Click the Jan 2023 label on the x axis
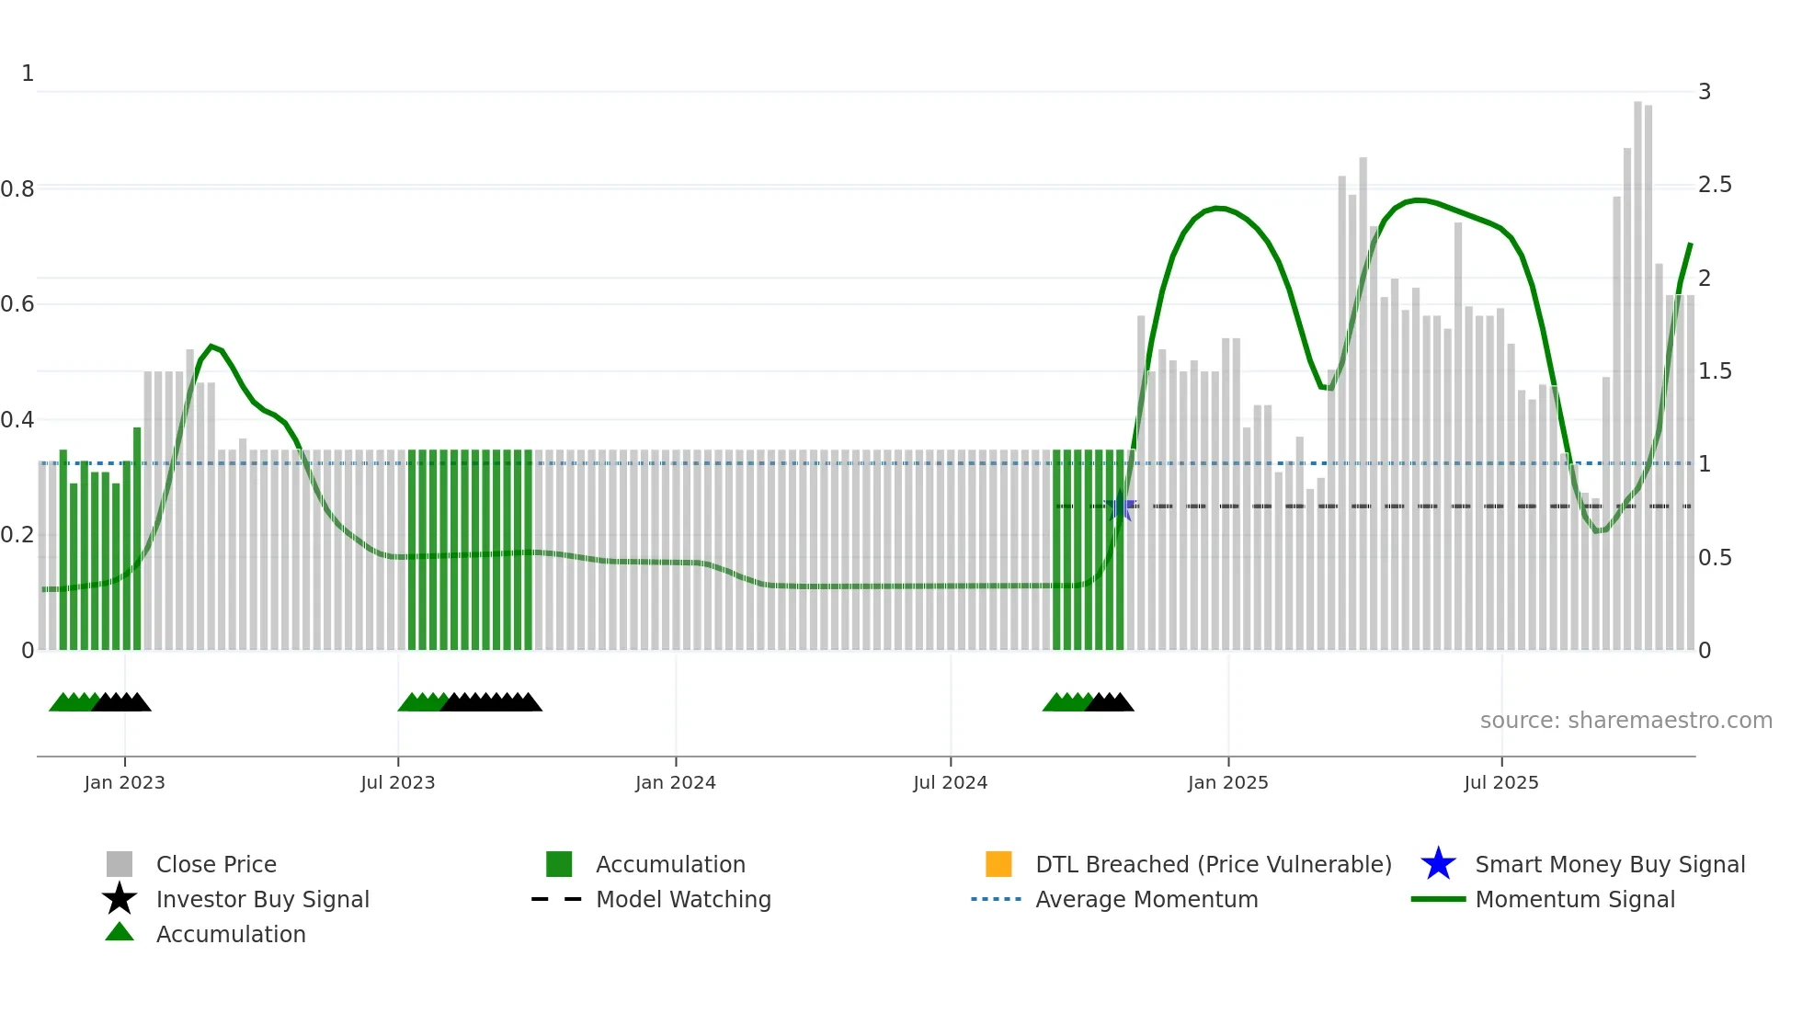click(x=124, y=783)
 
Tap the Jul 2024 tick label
click(x=950, y=783)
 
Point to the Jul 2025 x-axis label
click(x=1500, y=783)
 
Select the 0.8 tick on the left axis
click(x=17, y=189)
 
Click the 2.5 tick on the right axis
click(x=1714, y=186)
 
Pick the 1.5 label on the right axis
click(x=1714, y=371)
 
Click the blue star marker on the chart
click(x=1120, y=507)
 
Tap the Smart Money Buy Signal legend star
click(x=1438, y=865)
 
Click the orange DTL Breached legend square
click(x=998, y=865)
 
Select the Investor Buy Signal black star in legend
click(x=120, y=900)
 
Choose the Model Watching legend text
click(x=683, y=900)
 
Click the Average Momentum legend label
click(x=1146, y=900)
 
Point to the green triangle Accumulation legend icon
click(x=120, y=933)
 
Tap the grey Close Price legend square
click(x=120, y=865)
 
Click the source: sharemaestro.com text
click(x=1625, y=721)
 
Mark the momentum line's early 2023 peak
click(x=211, y=346)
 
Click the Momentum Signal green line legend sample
click(x=1438, y=900)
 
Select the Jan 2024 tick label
click(x=675, y=783)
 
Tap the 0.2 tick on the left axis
click(x=17, y=535)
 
